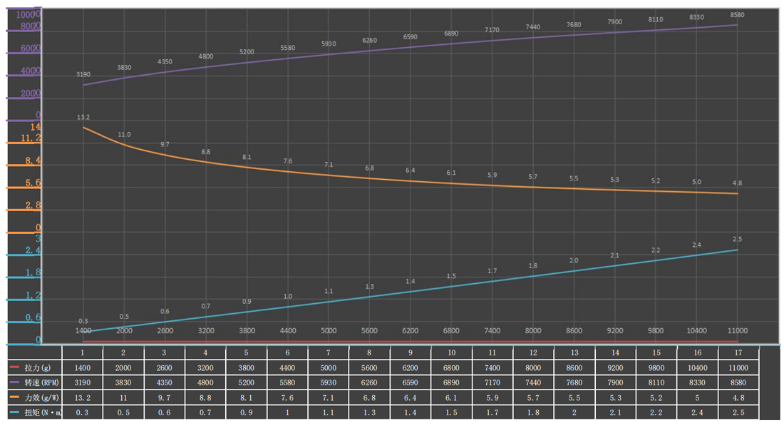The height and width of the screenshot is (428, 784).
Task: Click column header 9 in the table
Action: tap(411, 352)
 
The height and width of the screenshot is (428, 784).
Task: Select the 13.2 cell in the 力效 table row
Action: tap(83, 397)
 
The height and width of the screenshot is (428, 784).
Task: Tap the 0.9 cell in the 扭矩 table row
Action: tap(247, 412)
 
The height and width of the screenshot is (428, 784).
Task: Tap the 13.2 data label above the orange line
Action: tap(83, 117)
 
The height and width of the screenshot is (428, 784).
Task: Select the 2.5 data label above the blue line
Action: tap(738, 238)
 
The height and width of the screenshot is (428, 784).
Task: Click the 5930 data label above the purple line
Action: tap(329, 44)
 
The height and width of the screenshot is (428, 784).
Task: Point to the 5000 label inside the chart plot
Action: tap(329, 331)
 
